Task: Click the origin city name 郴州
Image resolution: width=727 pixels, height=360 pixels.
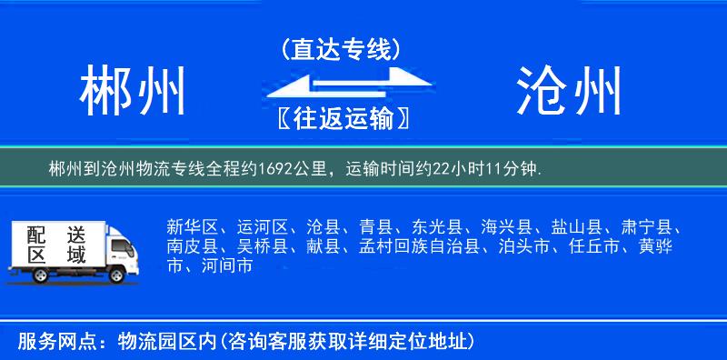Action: coord(133,90)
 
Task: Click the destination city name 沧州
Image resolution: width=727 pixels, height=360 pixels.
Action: coord(570,90)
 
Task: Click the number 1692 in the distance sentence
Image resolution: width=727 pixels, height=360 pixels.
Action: coord(275,168)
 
